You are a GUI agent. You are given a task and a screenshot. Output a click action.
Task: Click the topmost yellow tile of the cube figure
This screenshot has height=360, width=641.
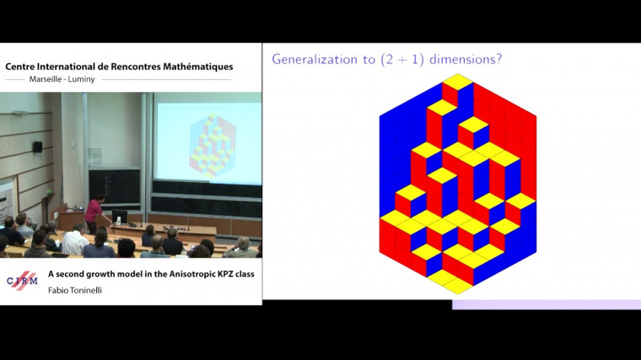tap(458, 81)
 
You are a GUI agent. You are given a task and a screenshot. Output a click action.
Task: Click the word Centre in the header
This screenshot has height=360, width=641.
tap(23, 67)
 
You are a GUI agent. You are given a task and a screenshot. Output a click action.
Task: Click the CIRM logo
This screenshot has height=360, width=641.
tap(22, 280)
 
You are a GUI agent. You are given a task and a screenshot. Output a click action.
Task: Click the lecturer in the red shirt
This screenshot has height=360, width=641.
tap(93, 212)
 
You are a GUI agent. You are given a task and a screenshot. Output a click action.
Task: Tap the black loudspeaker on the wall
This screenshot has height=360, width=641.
tap(38, 147)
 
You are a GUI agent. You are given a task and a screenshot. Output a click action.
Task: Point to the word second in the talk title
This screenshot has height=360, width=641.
tap(70, 274)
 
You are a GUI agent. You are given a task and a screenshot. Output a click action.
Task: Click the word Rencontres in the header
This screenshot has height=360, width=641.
tap(128, 67)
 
